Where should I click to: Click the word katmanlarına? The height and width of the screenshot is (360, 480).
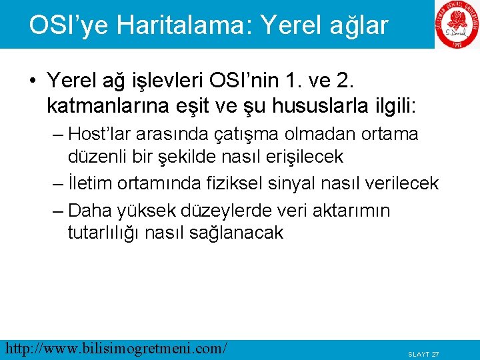[101, 104]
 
